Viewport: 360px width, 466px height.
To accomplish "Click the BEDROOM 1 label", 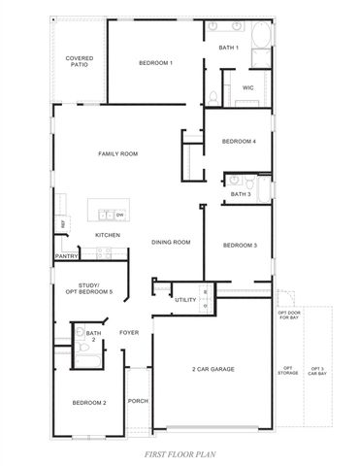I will pos(155,63).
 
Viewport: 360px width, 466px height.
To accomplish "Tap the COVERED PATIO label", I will pos(79,61).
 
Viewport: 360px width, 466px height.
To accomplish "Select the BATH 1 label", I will pos(228,48).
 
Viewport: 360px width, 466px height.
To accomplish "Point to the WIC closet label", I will pos(247,87).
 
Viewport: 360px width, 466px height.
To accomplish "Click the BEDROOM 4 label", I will pos(239,142).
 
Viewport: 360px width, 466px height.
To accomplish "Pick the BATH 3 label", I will pos(241,194).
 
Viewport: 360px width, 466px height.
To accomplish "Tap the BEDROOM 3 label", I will pos(240,246).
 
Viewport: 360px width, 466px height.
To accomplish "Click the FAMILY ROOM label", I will pos(118,153).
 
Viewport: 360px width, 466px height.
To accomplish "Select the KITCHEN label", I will pos(107,235).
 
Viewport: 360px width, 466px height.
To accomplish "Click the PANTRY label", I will pos(67,257).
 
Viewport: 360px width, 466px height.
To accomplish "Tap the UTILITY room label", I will pos(185,300).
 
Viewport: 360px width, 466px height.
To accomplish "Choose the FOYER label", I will pos(129,333).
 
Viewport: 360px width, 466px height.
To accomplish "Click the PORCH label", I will pos(138,400).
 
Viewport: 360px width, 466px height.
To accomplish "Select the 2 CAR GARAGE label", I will pos(212,369).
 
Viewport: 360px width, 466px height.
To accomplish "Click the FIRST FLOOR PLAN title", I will pos(180,453).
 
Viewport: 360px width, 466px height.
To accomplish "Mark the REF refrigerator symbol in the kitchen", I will pos(63,224).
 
